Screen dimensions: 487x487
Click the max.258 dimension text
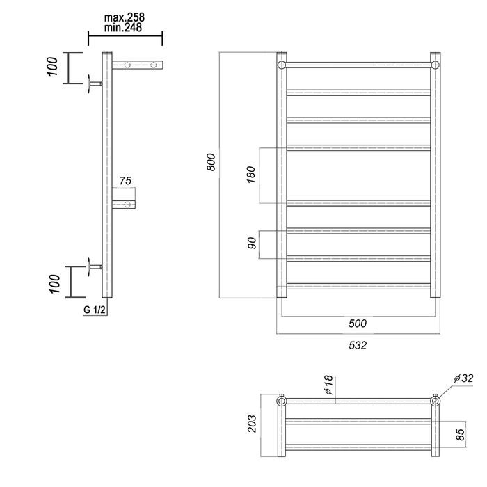(125, 17)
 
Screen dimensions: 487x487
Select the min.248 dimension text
(123, 27)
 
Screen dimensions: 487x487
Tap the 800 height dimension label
(211, 162)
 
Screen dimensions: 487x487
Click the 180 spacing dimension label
(250, 175)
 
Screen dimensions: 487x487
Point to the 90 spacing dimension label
(252, 243)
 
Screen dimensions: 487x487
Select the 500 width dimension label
(358, 324)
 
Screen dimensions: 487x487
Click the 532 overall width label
(358, 345)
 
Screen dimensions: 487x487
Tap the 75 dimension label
(125, 180)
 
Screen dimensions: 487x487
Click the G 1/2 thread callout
(95, 310)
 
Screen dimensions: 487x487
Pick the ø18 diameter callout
(328, 385)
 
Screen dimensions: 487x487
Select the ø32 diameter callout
(463, 378)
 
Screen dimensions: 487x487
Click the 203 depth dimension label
(252, 423)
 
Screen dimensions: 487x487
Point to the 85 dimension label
(460, 434)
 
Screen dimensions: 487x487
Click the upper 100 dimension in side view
(52, 67)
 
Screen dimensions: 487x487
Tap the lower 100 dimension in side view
(54, 284)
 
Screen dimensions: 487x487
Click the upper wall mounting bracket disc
(90, 83)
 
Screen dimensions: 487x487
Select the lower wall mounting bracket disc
(90, 266)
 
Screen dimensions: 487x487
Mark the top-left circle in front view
(281, 65)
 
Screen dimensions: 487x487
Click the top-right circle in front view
(435, 65)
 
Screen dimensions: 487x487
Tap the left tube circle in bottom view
(281, 401)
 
